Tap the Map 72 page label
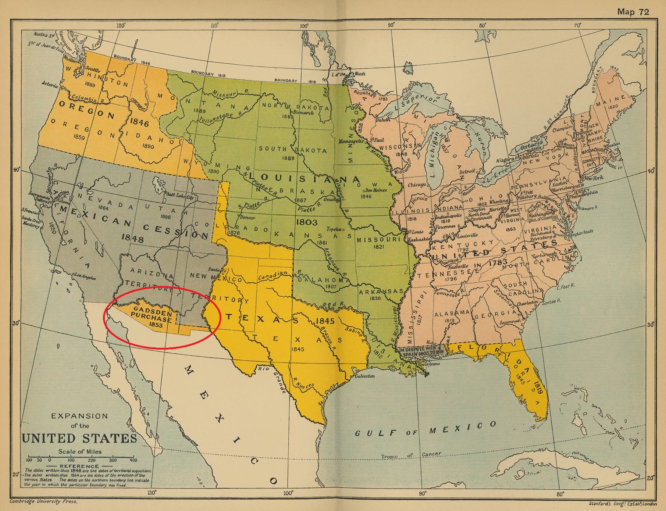[x=633, y=12]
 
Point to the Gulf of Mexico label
[x=425, y=429]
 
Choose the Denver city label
[x=247, y=217]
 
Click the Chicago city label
[x=416, y=185]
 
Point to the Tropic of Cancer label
[x=410, y=455]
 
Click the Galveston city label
[x=364, y=376]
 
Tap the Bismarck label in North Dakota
[x=303, y=112]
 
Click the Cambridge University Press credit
[x=43, y=501]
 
